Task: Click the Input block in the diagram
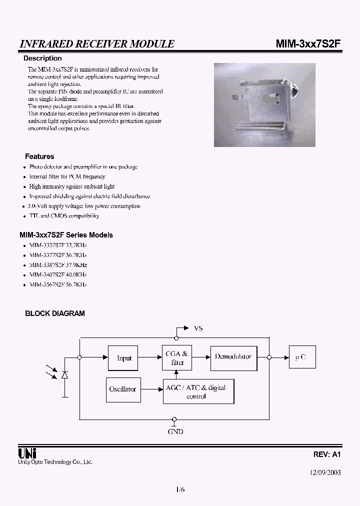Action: pyautogui.click(x=123, y=357)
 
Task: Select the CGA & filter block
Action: pyautogui.click(x=177, y=357)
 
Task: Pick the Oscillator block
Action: pyautogui.click(x=122, y=389)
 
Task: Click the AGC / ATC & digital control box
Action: pyautogui.click(x=198, y=391)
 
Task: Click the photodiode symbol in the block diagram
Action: pyautogui.click(x=64, y=375)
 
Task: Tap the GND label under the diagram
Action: pyautogui.click(x=175, y=431)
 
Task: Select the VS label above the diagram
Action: pyautogui.click(x=198, y=328)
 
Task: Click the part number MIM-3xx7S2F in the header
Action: pyautogui.click(x=308, y=43)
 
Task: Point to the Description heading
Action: pyautogui.click(x=42, y=58)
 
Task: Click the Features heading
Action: pyautogui.click(x=39, y=156)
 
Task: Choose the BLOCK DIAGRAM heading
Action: pyautogui.click(x=55, y=313)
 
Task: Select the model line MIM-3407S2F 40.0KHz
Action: pyautogui.click(x=58, y=274)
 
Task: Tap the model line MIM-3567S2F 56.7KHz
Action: pyautogui.click(x=58, y=284)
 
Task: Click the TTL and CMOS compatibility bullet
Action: pyautogui.click(x=64, y=215)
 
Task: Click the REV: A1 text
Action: pyautogui.click(x=327, y=455)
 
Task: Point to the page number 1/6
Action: pyautogui.click(x=180, y=490)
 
